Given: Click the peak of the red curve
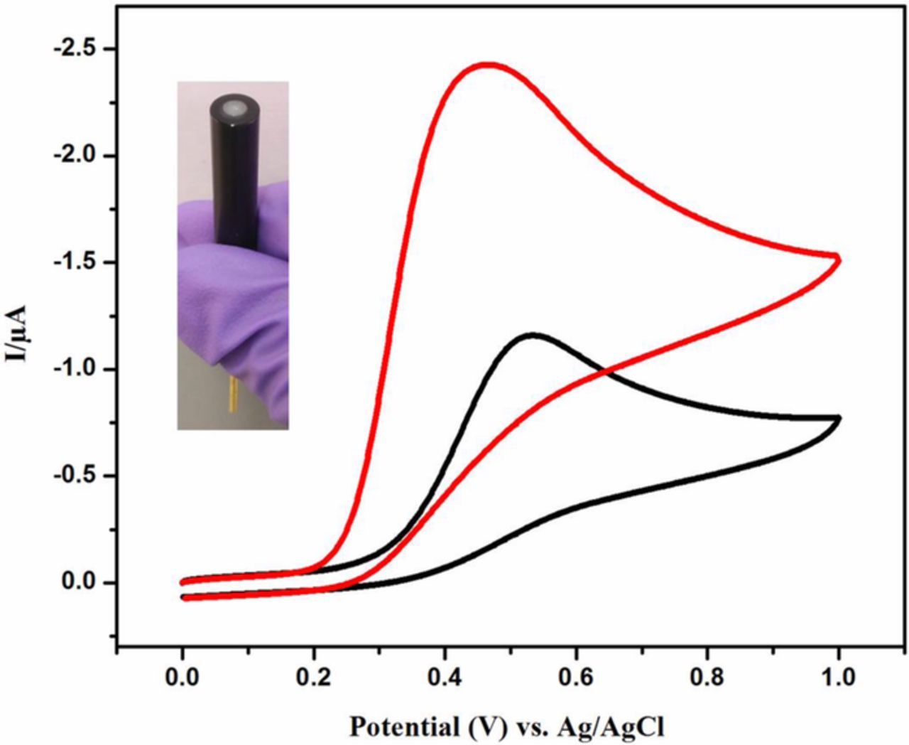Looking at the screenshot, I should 486,65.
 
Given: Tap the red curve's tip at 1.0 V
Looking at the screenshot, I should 839,258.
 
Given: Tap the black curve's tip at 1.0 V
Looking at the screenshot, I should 839,419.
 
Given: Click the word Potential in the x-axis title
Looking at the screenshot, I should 403,727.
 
